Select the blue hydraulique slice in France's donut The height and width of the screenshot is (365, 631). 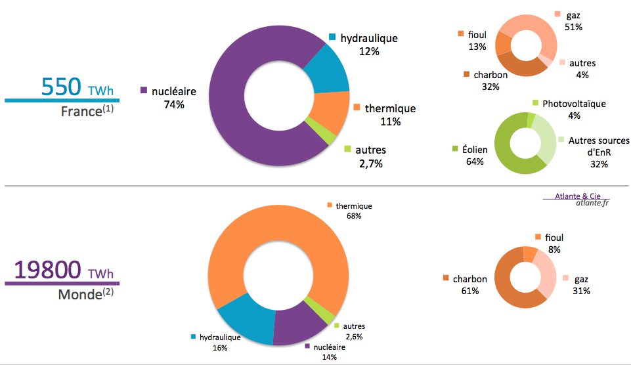326,68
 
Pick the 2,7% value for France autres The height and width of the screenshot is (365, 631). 370,163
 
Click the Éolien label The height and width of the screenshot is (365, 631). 471,150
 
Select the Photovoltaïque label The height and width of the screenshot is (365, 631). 574,104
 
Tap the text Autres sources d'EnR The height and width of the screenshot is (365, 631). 598,146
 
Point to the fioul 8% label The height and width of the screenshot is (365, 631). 554,243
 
